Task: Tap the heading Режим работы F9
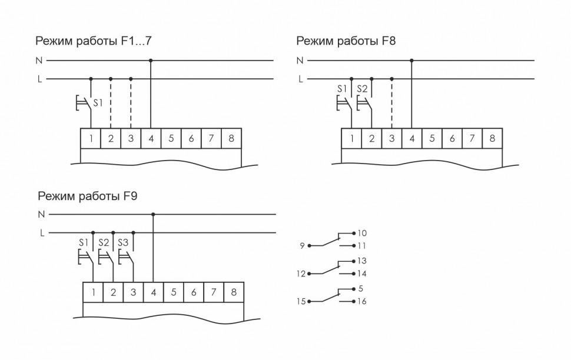[88, 196]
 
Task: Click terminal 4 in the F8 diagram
[412, 139]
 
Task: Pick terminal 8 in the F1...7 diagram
[231, 139]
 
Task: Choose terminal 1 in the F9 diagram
[94, 292]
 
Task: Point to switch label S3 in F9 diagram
[124, 242]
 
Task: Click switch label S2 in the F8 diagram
[361, 89]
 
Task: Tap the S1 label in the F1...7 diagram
[98, 102]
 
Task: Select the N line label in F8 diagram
[300, 60]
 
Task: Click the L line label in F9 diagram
[42, 233]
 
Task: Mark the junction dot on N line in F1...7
[151, 60]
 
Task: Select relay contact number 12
[300, 273]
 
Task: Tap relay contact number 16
[362, 301]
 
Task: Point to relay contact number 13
[362, 260]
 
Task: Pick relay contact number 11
[362, 245]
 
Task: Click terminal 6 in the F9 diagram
[194, 292]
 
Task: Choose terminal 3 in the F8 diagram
[392, 139]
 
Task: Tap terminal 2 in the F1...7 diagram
[111, 139]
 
